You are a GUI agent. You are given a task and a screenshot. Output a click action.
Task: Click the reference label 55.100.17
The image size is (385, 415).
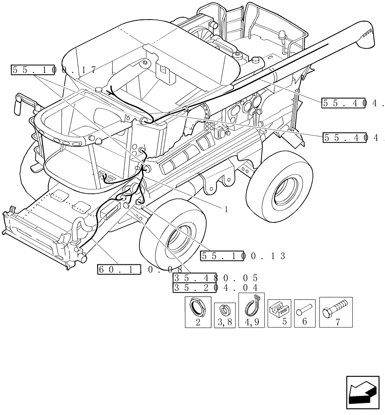click(x=54, y=70)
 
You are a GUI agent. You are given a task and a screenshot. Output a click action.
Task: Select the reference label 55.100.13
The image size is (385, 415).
click(x=243, y=256)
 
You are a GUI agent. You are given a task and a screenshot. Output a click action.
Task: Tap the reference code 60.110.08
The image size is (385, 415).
click(x=140, y=269)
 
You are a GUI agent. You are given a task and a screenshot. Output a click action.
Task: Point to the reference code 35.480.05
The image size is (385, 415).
click(x=216, y=278)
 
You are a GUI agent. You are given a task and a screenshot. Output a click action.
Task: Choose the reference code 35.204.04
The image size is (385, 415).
click(x=216, y=288)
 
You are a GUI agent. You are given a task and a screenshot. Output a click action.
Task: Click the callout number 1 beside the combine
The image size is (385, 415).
click(x=226, y=210)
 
